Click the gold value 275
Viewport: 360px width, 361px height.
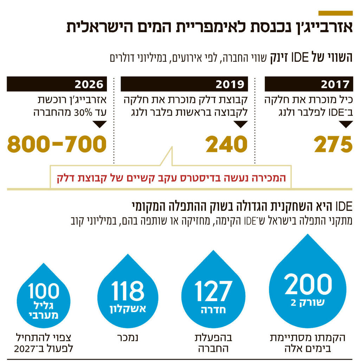tap(333, 145)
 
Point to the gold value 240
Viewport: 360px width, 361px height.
tap(226, 145)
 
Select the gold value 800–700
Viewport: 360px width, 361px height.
tap(57, 145)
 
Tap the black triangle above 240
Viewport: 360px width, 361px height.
tap(241, 124)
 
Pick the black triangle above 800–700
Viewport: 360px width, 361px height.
tap(99, 124)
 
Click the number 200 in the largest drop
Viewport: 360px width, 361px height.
tap(308, 284)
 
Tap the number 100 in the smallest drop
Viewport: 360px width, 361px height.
tap(44, 291)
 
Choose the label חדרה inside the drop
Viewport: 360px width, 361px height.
tap(213, 310)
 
